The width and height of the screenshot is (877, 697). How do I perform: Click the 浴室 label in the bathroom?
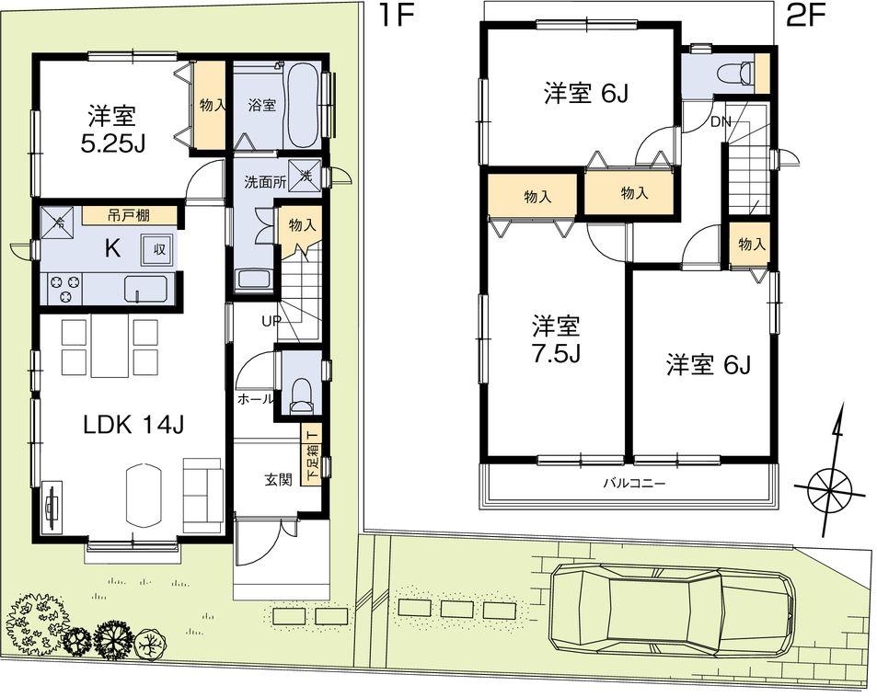(x=261, y=105)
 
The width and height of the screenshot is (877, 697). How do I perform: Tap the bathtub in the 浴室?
(x=303, y=106)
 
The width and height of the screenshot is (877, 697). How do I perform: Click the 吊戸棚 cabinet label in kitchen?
(x=129, y=215)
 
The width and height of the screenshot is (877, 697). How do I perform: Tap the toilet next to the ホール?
(x=300, y=393)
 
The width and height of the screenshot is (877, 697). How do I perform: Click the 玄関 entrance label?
(x=279, y=479)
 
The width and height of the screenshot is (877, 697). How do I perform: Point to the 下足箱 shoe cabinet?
(x=311, y=454)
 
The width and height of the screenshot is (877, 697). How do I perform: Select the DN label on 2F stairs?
(x=719, y=121)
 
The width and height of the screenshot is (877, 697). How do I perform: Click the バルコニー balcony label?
(x=633, y=483)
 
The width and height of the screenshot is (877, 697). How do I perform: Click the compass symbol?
(x=830, y=483)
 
